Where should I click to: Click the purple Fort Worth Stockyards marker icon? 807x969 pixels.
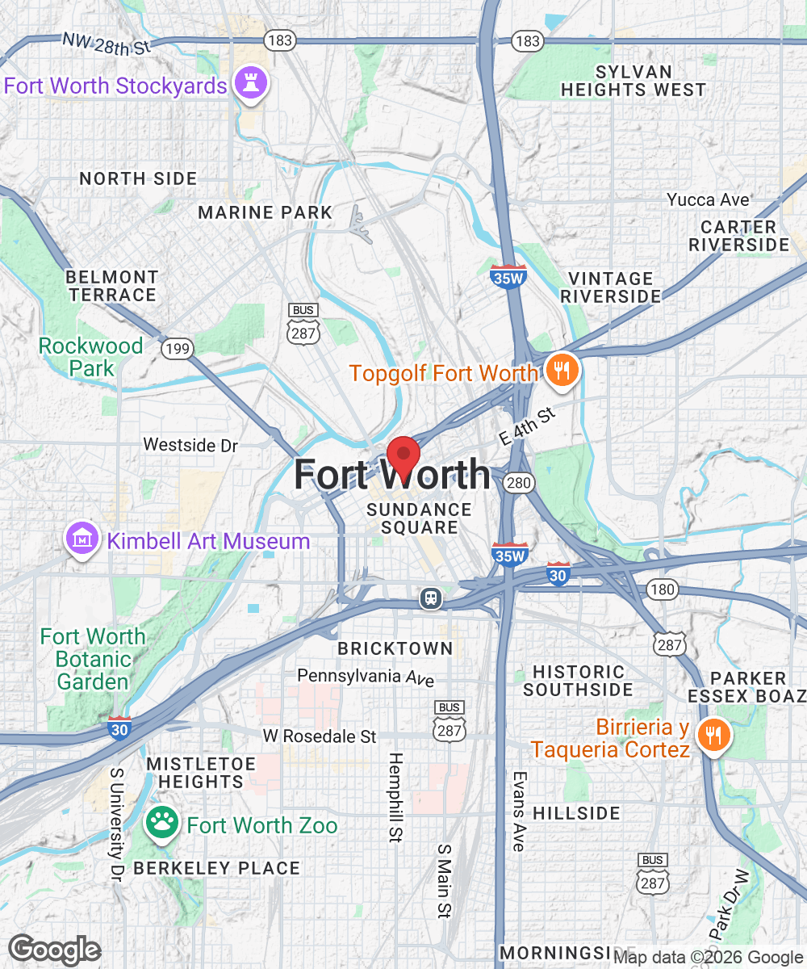coord(250,82)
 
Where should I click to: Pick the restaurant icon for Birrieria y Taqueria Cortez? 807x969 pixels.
coord(713,736)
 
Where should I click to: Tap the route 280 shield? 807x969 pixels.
coord(517,483)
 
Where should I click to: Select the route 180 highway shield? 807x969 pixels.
coord(662,589)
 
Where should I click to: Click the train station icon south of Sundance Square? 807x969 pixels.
coord(432,598)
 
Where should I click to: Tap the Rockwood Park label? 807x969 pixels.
coord(91,357)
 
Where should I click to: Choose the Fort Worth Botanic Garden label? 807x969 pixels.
coord(93,659)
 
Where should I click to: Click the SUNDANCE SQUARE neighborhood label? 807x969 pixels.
coord(419,518)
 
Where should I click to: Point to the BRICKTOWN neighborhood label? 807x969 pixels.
coord(395,648)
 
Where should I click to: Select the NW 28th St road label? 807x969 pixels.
coord(107,44)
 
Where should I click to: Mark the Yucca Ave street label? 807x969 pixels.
coord(708,199)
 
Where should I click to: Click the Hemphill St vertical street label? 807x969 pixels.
coord(395,798)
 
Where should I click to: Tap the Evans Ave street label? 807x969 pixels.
coord(519,811)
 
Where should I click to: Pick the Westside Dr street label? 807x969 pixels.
coord(190,445)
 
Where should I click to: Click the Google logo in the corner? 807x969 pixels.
coord(55,950)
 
